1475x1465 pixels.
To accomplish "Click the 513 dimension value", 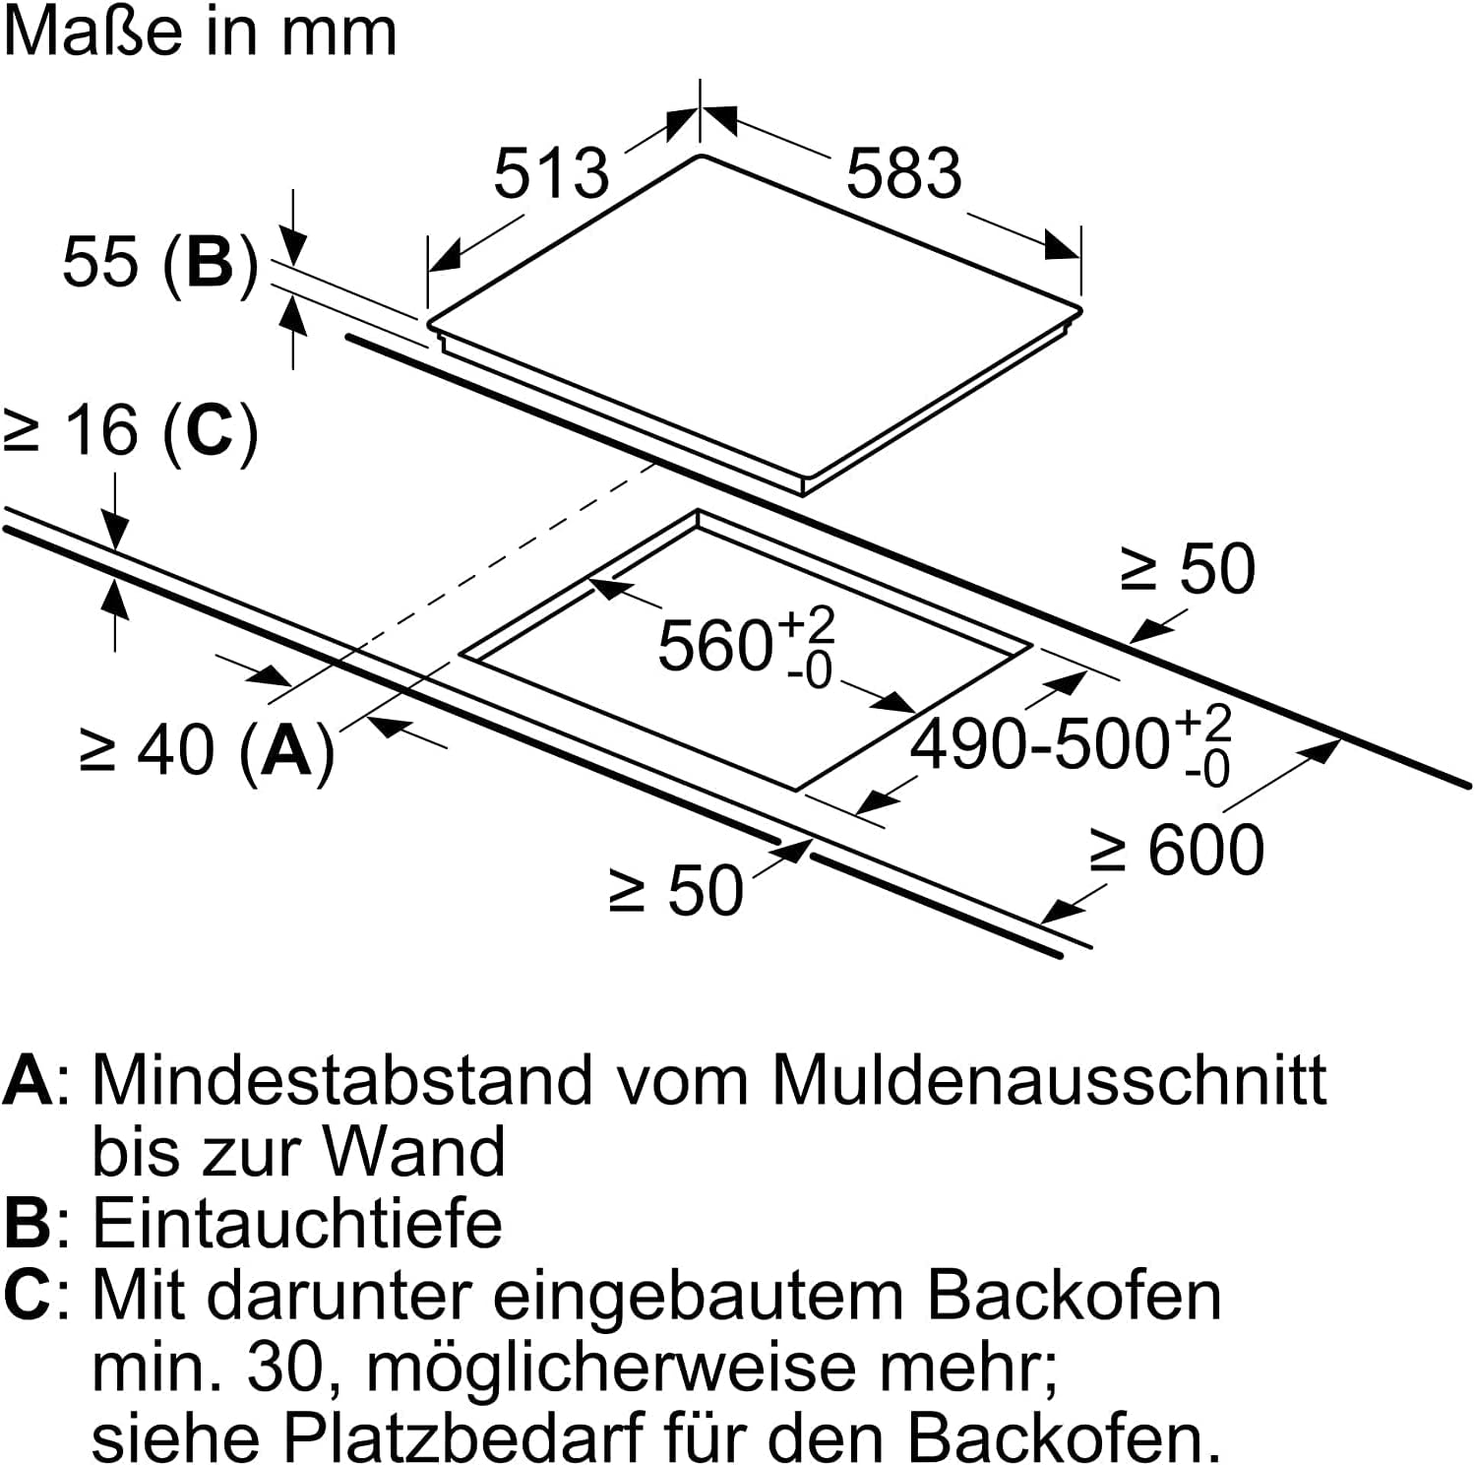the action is tap(551, 173).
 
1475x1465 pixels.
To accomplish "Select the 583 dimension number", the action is tap(903, 173).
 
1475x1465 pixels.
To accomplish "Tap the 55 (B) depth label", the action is tap(160, 264).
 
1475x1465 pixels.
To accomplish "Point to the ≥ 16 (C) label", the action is tap(132, 431).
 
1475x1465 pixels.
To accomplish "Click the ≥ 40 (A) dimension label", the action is tap(208, 751).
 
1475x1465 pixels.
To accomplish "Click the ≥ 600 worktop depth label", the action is tap(1177, 850).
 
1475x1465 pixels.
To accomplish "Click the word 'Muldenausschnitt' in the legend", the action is tap(1049, 1080).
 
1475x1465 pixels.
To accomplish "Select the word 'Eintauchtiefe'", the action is tap(297, 1223).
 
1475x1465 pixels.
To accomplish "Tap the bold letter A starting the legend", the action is tap(28, 1080).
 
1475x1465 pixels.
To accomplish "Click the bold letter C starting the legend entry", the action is tap(27, 1295).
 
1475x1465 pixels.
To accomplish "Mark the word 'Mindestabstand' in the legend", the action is tap(343, 1080).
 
